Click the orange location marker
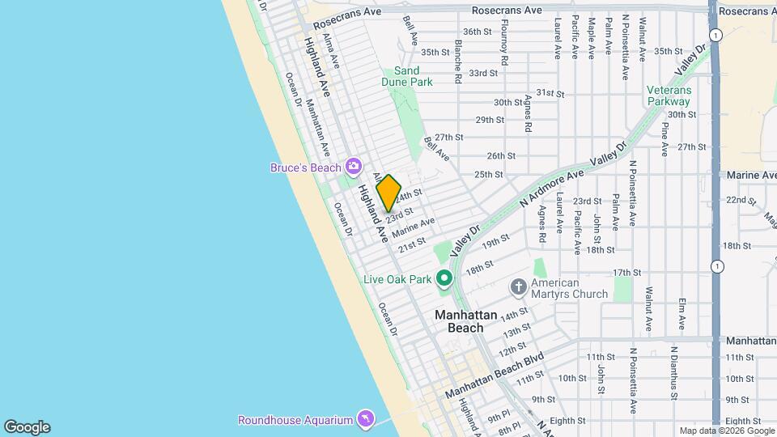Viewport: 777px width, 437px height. click(388, 193)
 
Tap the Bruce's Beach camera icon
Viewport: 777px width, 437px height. click(353, 167)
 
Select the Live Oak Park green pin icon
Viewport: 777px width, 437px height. click(444, 279)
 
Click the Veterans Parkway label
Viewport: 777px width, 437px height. click(669, 95)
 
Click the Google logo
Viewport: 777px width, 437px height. click(27, 427)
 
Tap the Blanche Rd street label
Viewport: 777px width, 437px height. click(457, 62)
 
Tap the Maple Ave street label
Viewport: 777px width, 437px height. click(592, 37)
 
